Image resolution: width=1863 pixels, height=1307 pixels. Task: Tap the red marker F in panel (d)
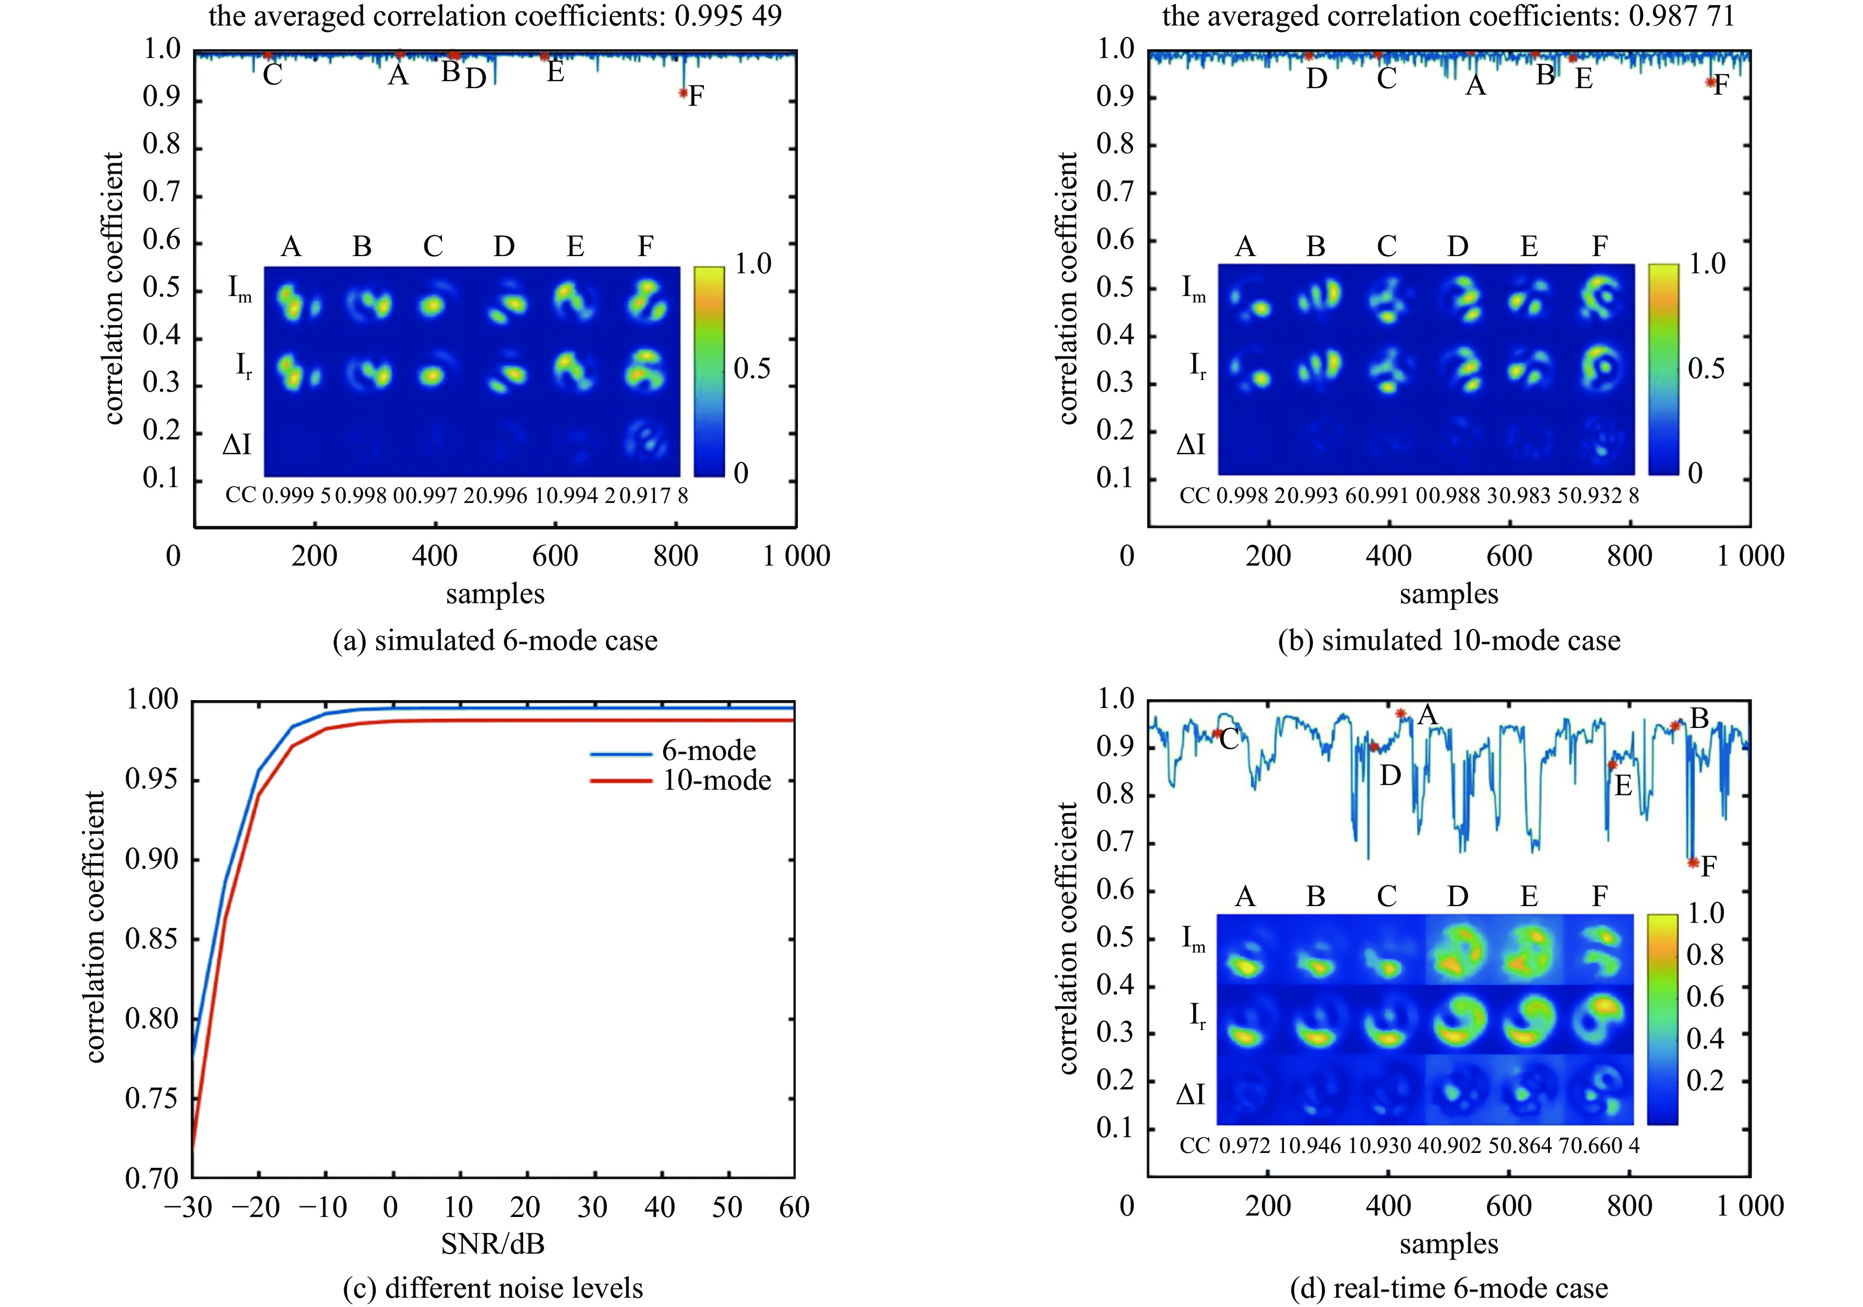(x=1693, y=863)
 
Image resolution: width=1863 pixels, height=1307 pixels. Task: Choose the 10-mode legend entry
(x=716, y=780)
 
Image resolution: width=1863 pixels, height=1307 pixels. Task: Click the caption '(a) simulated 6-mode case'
(x=495, y=641)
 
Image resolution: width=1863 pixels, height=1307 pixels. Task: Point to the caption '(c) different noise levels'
(x=493, y=1288)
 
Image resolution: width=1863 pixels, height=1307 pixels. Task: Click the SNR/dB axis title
(x=493, y=1244)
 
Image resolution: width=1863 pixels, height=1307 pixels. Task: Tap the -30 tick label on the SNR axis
(x=188, y=1208)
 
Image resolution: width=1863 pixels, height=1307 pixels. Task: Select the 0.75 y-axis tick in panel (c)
(x=151, y=1099)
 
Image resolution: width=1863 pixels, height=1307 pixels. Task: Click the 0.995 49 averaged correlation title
(x=495, y=16)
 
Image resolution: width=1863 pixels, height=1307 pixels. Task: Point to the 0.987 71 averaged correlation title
(x=1448, y=16)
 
